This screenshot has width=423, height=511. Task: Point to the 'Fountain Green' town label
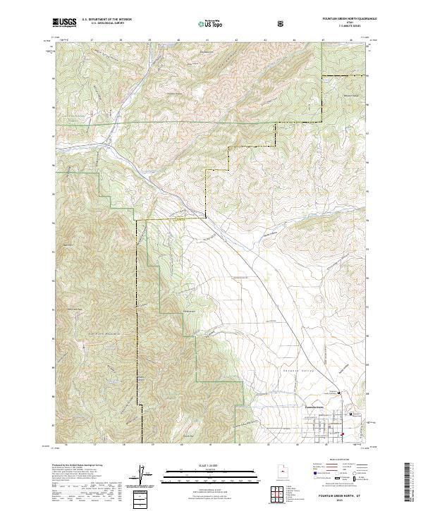point(313,407)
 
